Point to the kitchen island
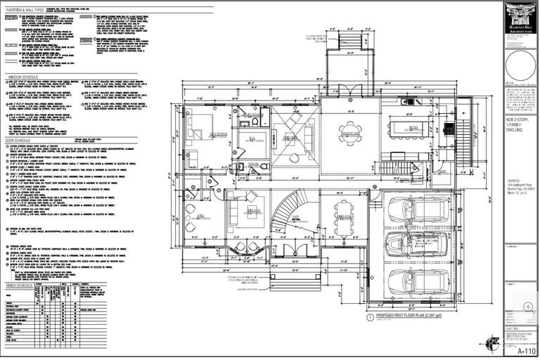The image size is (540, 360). point(414,130)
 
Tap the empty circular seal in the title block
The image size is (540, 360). point(520,67)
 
